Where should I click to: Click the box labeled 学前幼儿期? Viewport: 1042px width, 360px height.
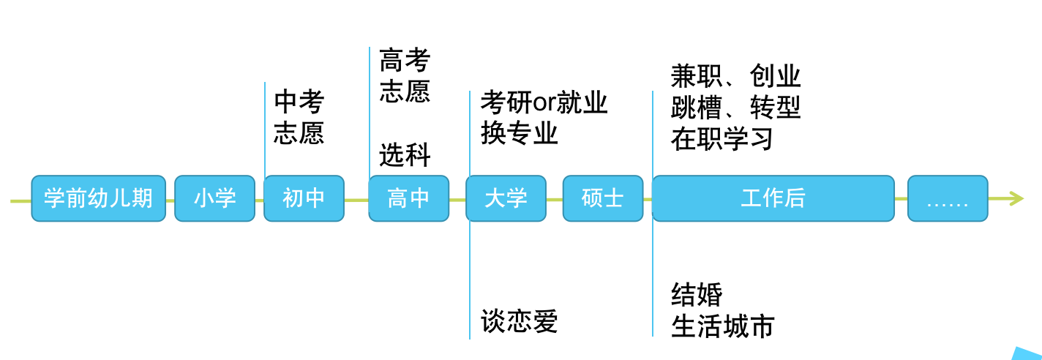(x=98, y=198)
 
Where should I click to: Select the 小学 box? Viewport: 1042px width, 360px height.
(x=214, y=198)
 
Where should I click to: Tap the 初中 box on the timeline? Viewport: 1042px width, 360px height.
(x=304, y=198)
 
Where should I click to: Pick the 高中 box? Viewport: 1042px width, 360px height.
(x=408, y=198)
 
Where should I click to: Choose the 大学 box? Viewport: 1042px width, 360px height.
(x=506, y=198)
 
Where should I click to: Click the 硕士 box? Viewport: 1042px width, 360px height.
(x=602, y=198)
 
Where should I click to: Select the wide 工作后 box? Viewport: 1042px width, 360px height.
(x=773, y=198)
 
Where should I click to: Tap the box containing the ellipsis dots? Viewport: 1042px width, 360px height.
(x=948, y=198)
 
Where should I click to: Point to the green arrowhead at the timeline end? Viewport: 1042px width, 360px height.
(x=1016, y=198)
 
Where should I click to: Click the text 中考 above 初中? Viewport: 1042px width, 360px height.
(x=299, y=102)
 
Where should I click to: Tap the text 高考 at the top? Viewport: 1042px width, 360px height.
(x=405, y=60)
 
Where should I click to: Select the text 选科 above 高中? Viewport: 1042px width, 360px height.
(x=405, y=155)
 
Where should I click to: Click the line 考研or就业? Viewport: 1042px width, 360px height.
(x=544, y=102)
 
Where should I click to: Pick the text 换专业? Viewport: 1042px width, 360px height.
(x=519, y=134)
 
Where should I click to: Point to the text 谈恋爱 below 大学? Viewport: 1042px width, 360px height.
(x=519, y=322)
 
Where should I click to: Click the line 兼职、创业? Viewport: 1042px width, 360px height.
(x=735, y=76)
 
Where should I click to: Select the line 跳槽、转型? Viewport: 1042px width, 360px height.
(x=735, y=108)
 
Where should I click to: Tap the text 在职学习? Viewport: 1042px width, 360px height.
(x=721, y=139)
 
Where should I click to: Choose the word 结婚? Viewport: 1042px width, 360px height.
(x=697, y=295)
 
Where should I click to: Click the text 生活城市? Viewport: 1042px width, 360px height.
(x=722, y=326)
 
